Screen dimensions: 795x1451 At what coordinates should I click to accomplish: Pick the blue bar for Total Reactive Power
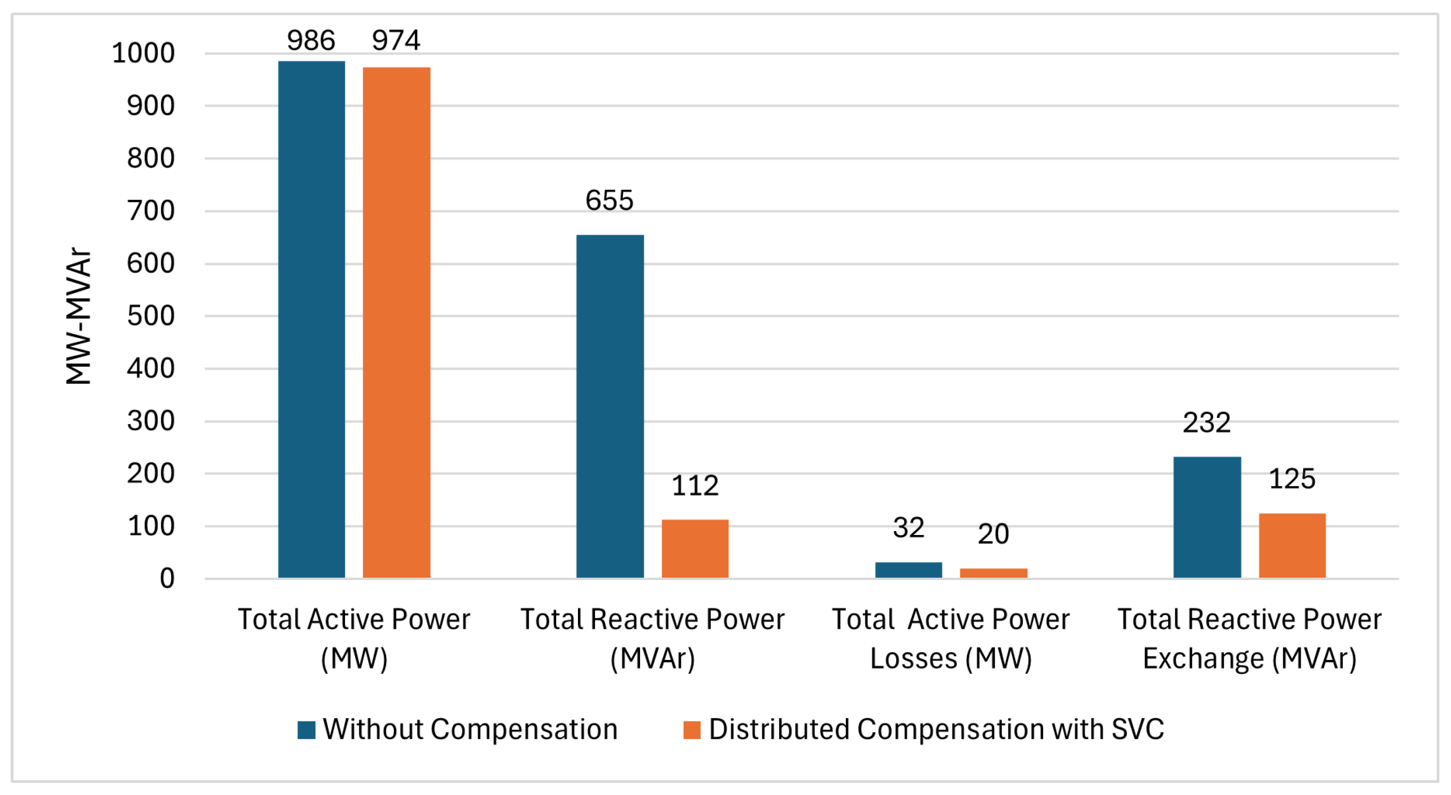[609, 406]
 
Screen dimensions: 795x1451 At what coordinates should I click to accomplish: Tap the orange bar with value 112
[695, 549]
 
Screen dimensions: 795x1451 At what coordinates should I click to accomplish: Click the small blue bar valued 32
[908, 570]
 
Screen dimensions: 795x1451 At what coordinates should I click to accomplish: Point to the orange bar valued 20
[993, 573]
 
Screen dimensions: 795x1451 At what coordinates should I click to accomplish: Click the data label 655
[609, 200]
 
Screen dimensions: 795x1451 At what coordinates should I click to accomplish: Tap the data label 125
[1292, 479]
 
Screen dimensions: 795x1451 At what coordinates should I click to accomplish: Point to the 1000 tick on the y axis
[143, 53]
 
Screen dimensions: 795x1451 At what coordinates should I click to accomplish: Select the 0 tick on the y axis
[167, 579]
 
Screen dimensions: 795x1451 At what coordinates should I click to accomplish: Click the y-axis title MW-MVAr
[78, 316]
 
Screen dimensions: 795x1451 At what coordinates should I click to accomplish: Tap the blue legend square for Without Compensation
[306, 730]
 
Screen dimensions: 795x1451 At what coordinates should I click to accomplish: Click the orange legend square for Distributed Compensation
[691, 730]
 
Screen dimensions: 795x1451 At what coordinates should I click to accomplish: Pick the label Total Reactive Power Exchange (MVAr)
[1249, 639]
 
